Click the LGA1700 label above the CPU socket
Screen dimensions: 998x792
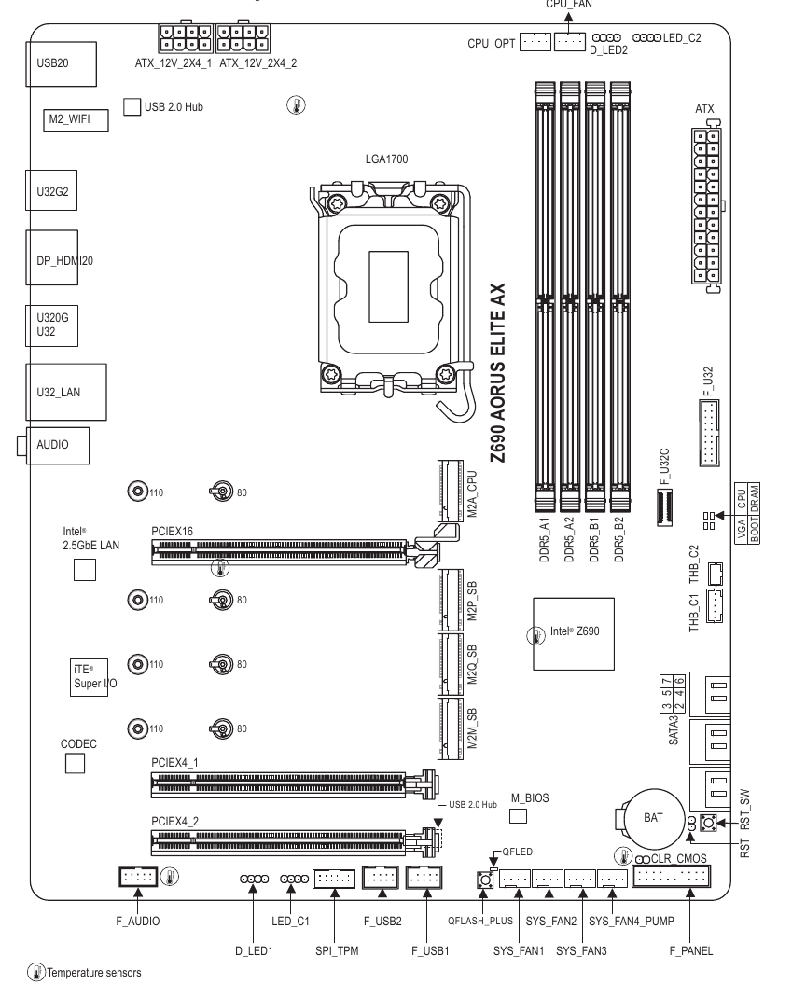coord(386,159)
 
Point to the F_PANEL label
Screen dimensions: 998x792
coord(691,951)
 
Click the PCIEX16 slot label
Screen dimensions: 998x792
coord(172,529)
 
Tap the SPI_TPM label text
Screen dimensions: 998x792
coord(331,951)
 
